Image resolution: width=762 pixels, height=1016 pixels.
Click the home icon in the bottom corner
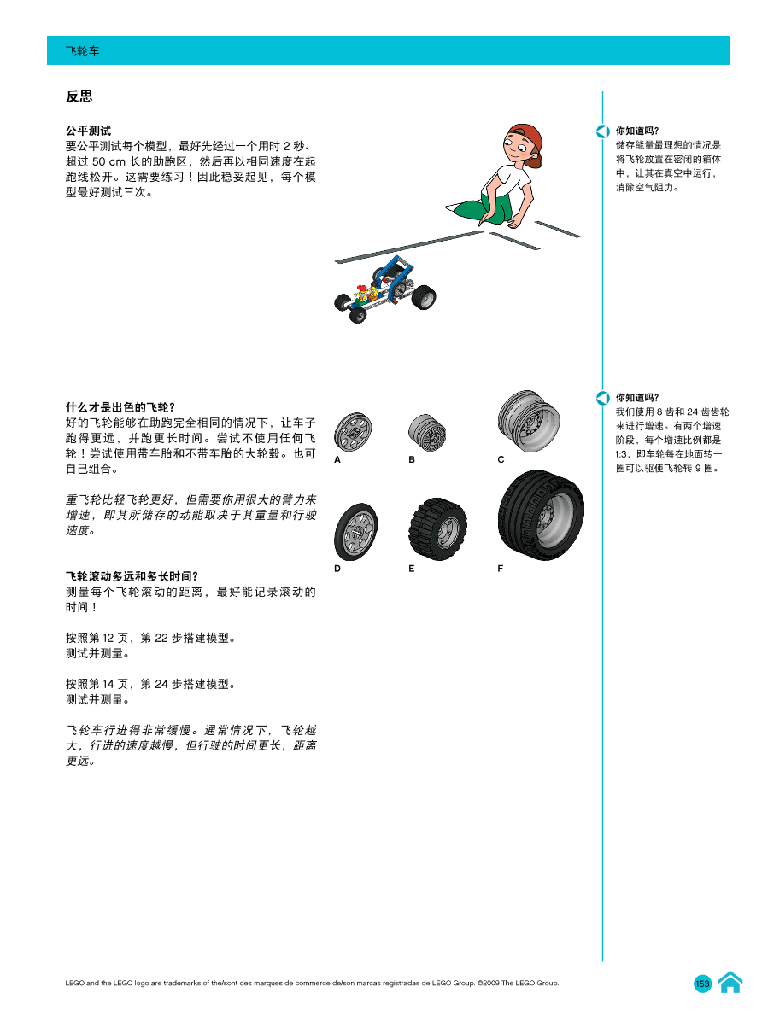pyautogui.click(x=730, y=983)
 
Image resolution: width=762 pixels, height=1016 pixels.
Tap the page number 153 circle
pyautogui.click(x=702, y=984)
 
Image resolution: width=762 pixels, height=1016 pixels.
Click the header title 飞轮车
pyautogui.click(x=83, y=51)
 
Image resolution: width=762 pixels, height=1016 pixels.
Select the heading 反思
pyautogui.click(x=79, y=96)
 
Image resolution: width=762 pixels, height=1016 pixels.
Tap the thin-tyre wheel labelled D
pyautogui.click(x=355, y=530)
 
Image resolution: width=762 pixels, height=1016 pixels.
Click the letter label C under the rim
pyautogui.click(x=501, y=459)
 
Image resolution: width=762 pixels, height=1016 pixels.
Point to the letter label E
pyautogui.click(x=412, y=568)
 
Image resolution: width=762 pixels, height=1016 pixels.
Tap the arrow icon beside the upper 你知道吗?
pyautogui.click(x=603, y=131)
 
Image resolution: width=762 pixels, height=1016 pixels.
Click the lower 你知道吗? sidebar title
pyautogui.click(x=637, y=397)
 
